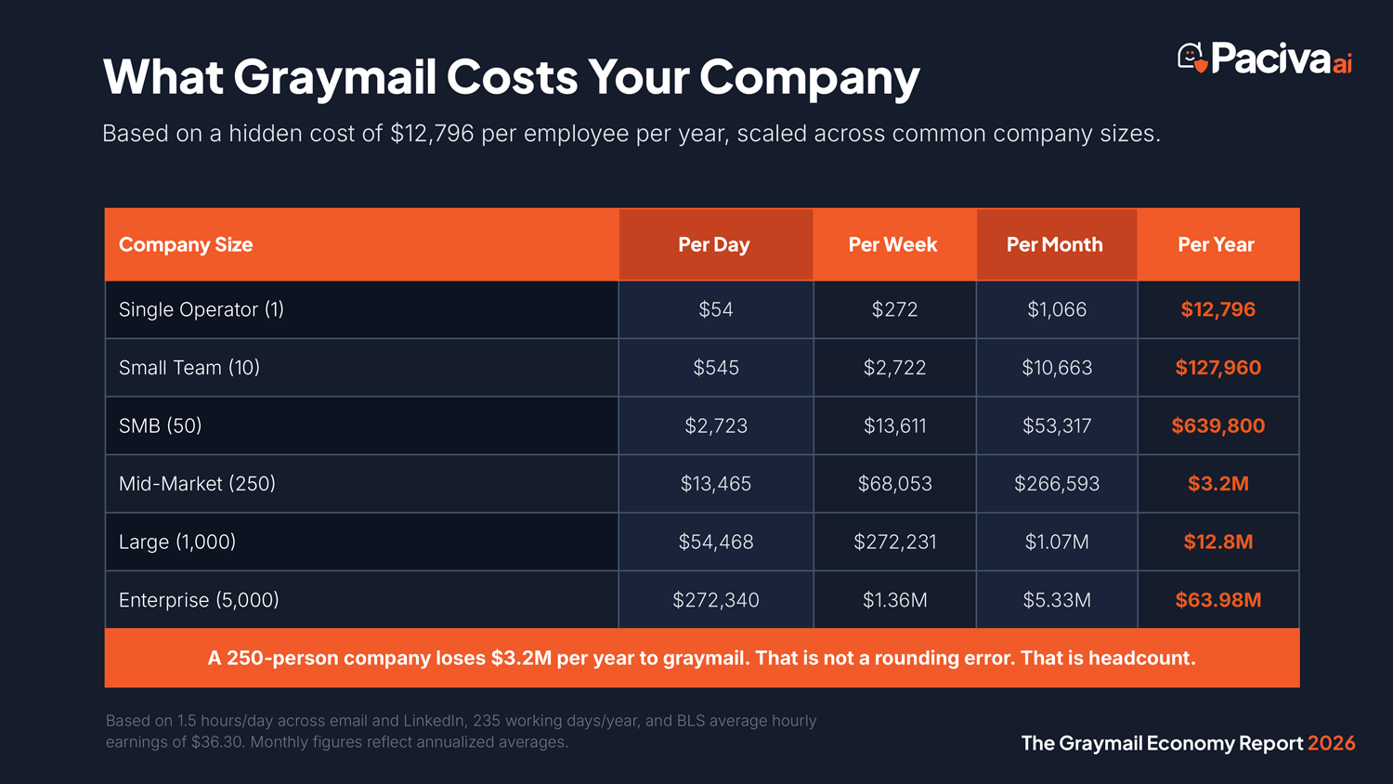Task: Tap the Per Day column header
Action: point(713,244)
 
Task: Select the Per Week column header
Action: point(892,244)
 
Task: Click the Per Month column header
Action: point(1054,244)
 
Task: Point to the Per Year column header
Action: point(1216,244)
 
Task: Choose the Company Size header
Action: point(186,244)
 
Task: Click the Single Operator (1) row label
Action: point(202,309)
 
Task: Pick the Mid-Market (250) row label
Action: point(197,483)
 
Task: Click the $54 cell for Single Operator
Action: point(716,309)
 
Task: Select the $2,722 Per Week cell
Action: point(894,368)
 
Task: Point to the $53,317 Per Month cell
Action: point(1057,425)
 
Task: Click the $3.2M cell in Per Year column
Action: point(1217,483)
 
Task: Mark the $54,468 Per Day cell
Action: point(716,542)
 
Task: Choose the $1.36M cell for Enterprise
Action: point(894,600)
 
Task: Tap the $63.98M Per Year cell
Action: point(1217,600)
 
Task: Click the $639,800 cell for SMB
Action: point(1217,425)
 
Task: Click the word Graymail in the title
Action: point(334,78)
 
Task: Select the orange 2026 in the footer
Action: point(1331,743)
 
